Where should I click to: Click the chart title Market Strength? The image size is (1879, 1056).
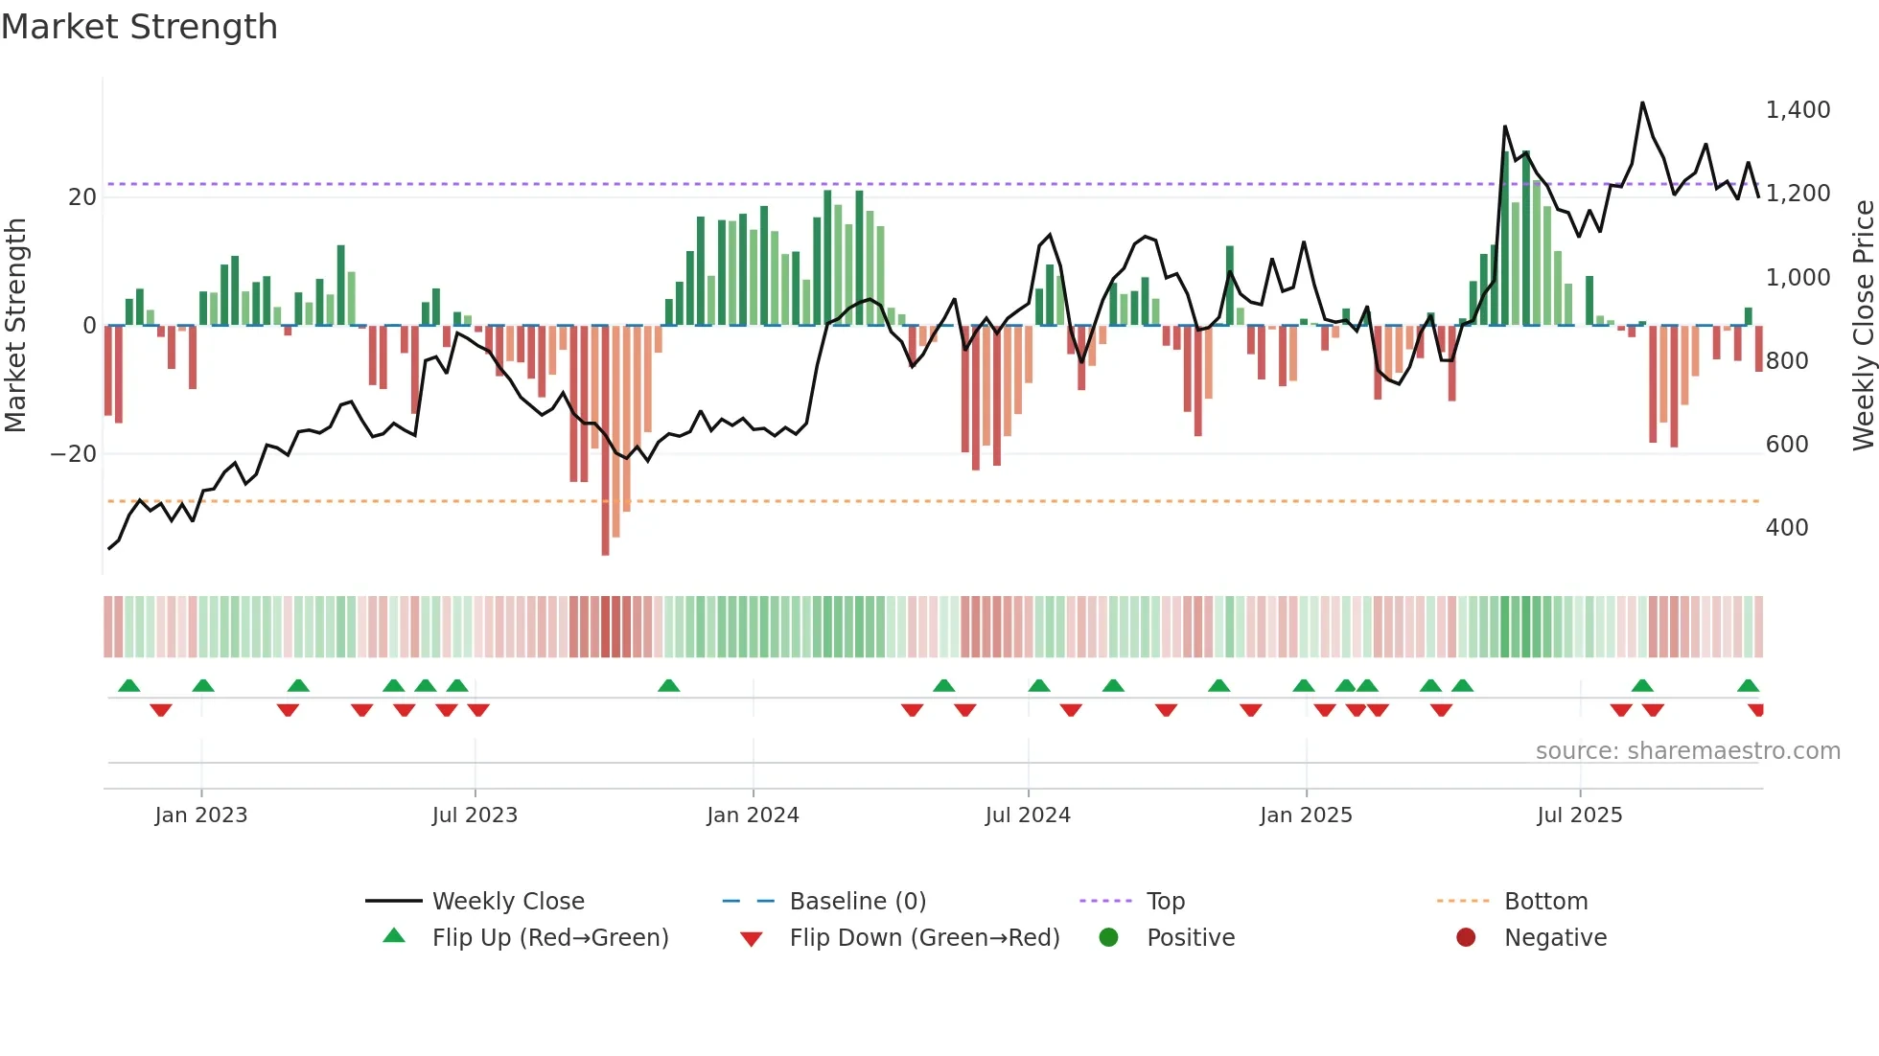coord(139,27)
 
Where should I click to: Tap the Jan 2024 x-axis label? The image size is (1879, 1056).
coord(753,815)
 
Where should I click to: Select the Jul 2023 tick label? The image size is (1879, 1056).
coord(475,815)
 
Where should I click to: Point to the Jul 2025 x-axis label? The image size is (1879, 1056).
coord(1579,815)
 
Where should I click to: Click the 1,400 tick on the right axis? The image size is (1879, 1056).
coord(1798,110)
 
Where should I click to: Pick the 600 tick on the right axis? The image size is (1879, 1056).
coord(1787,445)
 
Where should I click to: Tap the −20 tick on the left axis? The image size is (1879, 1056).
coord(74,454)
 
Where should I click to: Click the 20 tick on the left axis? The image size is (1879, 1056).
coord(82,197)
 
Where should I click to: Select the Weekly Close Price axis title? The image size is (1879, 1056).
coord(1863,326)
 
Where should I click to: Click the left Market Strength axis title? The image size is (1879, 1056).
coord(16,326)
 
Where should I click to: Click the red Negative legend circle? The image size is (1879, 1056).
coord(1466,938)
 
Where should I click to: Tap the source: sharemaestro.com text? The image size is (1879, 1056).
coord(1687,751)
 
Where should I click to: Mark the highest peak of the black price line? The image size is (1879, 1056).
coord(1642,103)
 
